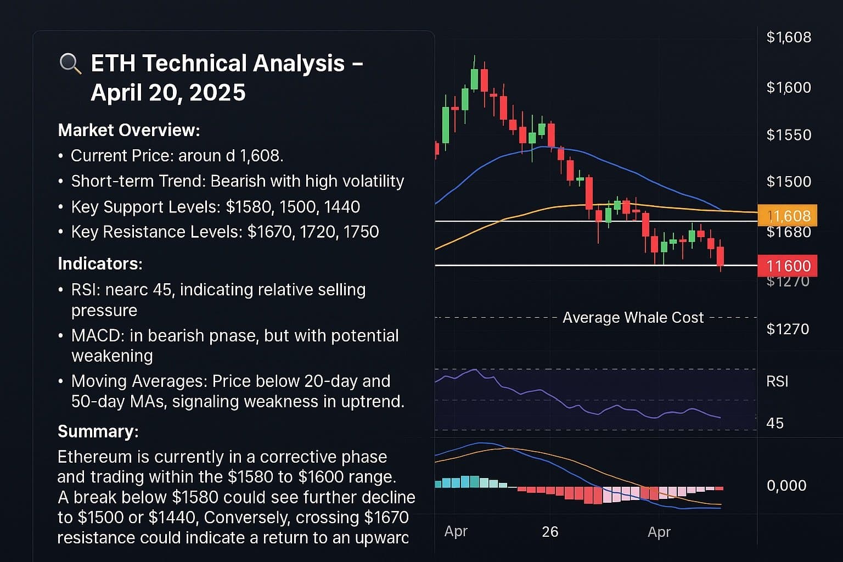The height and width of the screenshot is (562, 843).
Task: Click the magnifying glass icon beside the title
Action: tap(70, 64)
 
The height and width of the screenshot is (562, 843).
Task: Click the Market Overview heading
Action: tap(128, 130)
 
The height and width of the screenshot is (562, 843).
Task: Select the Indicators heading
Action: tap(100, 263)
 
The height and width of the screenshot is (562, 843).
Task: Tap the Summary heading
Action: tap(98, 431)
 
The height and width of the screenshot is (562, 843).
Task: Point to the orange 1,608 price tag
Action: tap(788, 216)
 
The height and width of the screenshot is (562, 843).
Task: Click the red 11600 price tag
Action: tap(788, 266)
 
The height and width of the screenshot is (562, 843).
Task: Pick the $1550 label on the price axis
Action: tap(789, 134)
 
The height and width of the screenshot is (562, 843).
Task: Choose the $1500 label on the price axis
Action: tap(789, 181)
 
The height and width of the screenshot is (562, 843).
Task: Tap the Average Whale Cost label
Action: tap(633, 318)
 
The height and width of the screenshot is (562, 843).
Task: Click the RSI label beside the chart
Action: tap(777, 381)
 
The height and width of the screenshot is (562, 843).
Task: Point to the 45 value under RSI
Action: tap(775, 423)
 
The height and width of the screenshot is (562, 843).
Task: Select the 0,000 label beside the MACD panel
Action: tap(786, 485)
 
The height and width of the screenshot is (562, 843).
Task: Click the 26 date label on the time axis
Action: tap(550, 531)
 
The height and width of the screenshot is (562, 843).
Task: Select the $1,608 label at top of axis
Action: tap(789, 37)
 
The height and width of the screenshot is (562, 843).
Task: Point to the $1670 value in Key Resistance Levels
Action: tap(269, 232)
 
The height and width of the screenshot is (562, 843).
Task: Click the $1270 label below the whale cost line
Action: tap(788, 329)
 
